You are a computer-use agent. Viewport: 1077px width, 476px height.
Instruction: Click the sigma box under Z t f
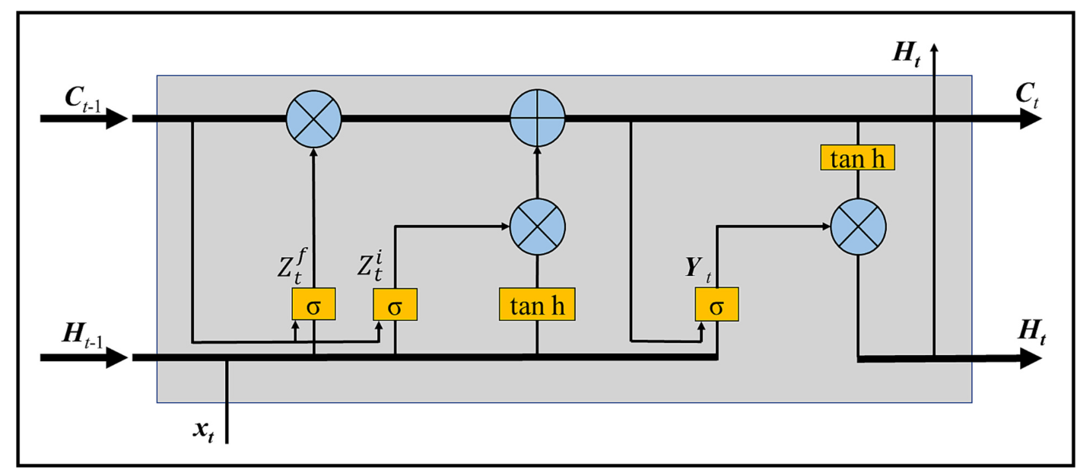313,305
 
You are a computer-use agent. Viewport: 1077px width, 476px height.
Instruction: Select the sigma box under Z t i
395,305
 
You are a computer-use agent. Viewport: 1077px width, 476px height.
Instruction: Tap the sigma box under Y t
716,306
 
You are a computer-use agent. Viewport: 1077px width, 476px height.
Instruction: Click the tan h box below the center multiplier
537,305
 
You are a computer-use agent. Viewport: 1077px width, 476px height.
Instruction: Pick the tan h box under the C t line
857,157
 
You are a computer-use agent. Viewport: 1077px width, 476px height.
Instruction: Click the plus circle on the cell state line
537,118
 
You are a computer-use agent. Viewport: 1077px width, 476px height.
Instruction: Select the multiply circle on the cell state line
313,118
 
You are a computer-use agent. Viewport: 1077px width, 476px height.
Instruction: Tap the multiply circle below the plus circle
537,225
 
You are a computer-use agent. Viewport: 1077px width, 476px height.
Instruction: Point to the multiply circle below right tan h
858,226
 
